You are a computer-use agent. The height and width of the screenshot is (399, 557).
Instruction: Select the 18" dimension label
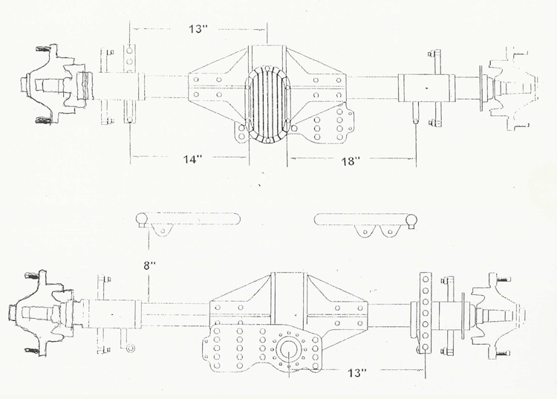[x=350, y=159]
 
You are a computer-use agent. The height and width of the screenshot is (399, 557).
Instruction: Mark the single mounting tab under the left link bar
[x=160, y=231]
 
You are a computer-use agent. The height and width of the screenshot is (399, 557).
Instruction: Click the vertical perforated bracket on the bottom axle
[x=425, y=312]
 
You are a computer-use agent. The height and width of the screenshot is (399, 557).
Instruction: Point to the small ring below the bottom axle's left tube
[x=131, y=347]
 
